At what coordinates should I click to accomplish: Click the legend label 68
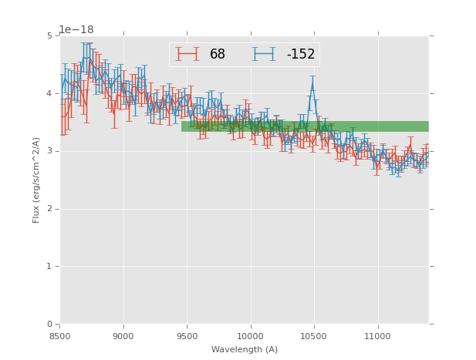218,55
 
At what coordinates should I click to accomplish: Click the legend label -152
301,55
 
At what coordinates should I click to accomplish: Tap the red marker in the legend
187,54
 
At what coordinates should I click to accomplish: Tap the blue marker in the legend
264,54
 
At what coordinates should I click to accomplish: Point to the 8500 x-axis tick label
60,336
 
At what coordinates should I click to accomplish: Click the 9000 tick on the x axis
123,336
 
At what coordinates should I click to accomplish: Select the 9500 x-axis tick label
187,336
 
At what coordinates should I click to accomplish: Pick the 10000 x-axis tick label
250,336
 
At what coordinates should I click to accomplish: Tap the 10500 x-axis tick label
313,336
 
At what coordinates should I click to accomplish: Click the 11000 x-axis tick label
377,336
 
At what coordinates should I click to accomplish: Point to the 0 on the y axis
49,325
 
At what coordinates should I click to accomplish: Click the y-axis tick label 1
49,267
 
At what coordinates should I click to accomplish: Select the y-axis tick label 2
49,209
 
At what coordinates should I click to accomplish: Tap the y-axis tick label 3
49,151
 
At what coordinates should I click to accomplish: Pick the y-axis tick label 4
49,93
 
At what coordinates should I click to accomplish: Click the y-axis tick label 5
49,35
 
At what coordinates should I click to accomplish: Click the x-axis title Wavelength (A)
245,350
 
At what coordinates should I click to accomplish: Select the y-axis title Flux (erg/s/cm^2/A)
36,180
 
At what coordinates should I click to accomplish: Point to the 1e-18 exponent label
76,30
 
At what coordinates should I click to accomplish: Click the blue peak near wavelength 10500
312,85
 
